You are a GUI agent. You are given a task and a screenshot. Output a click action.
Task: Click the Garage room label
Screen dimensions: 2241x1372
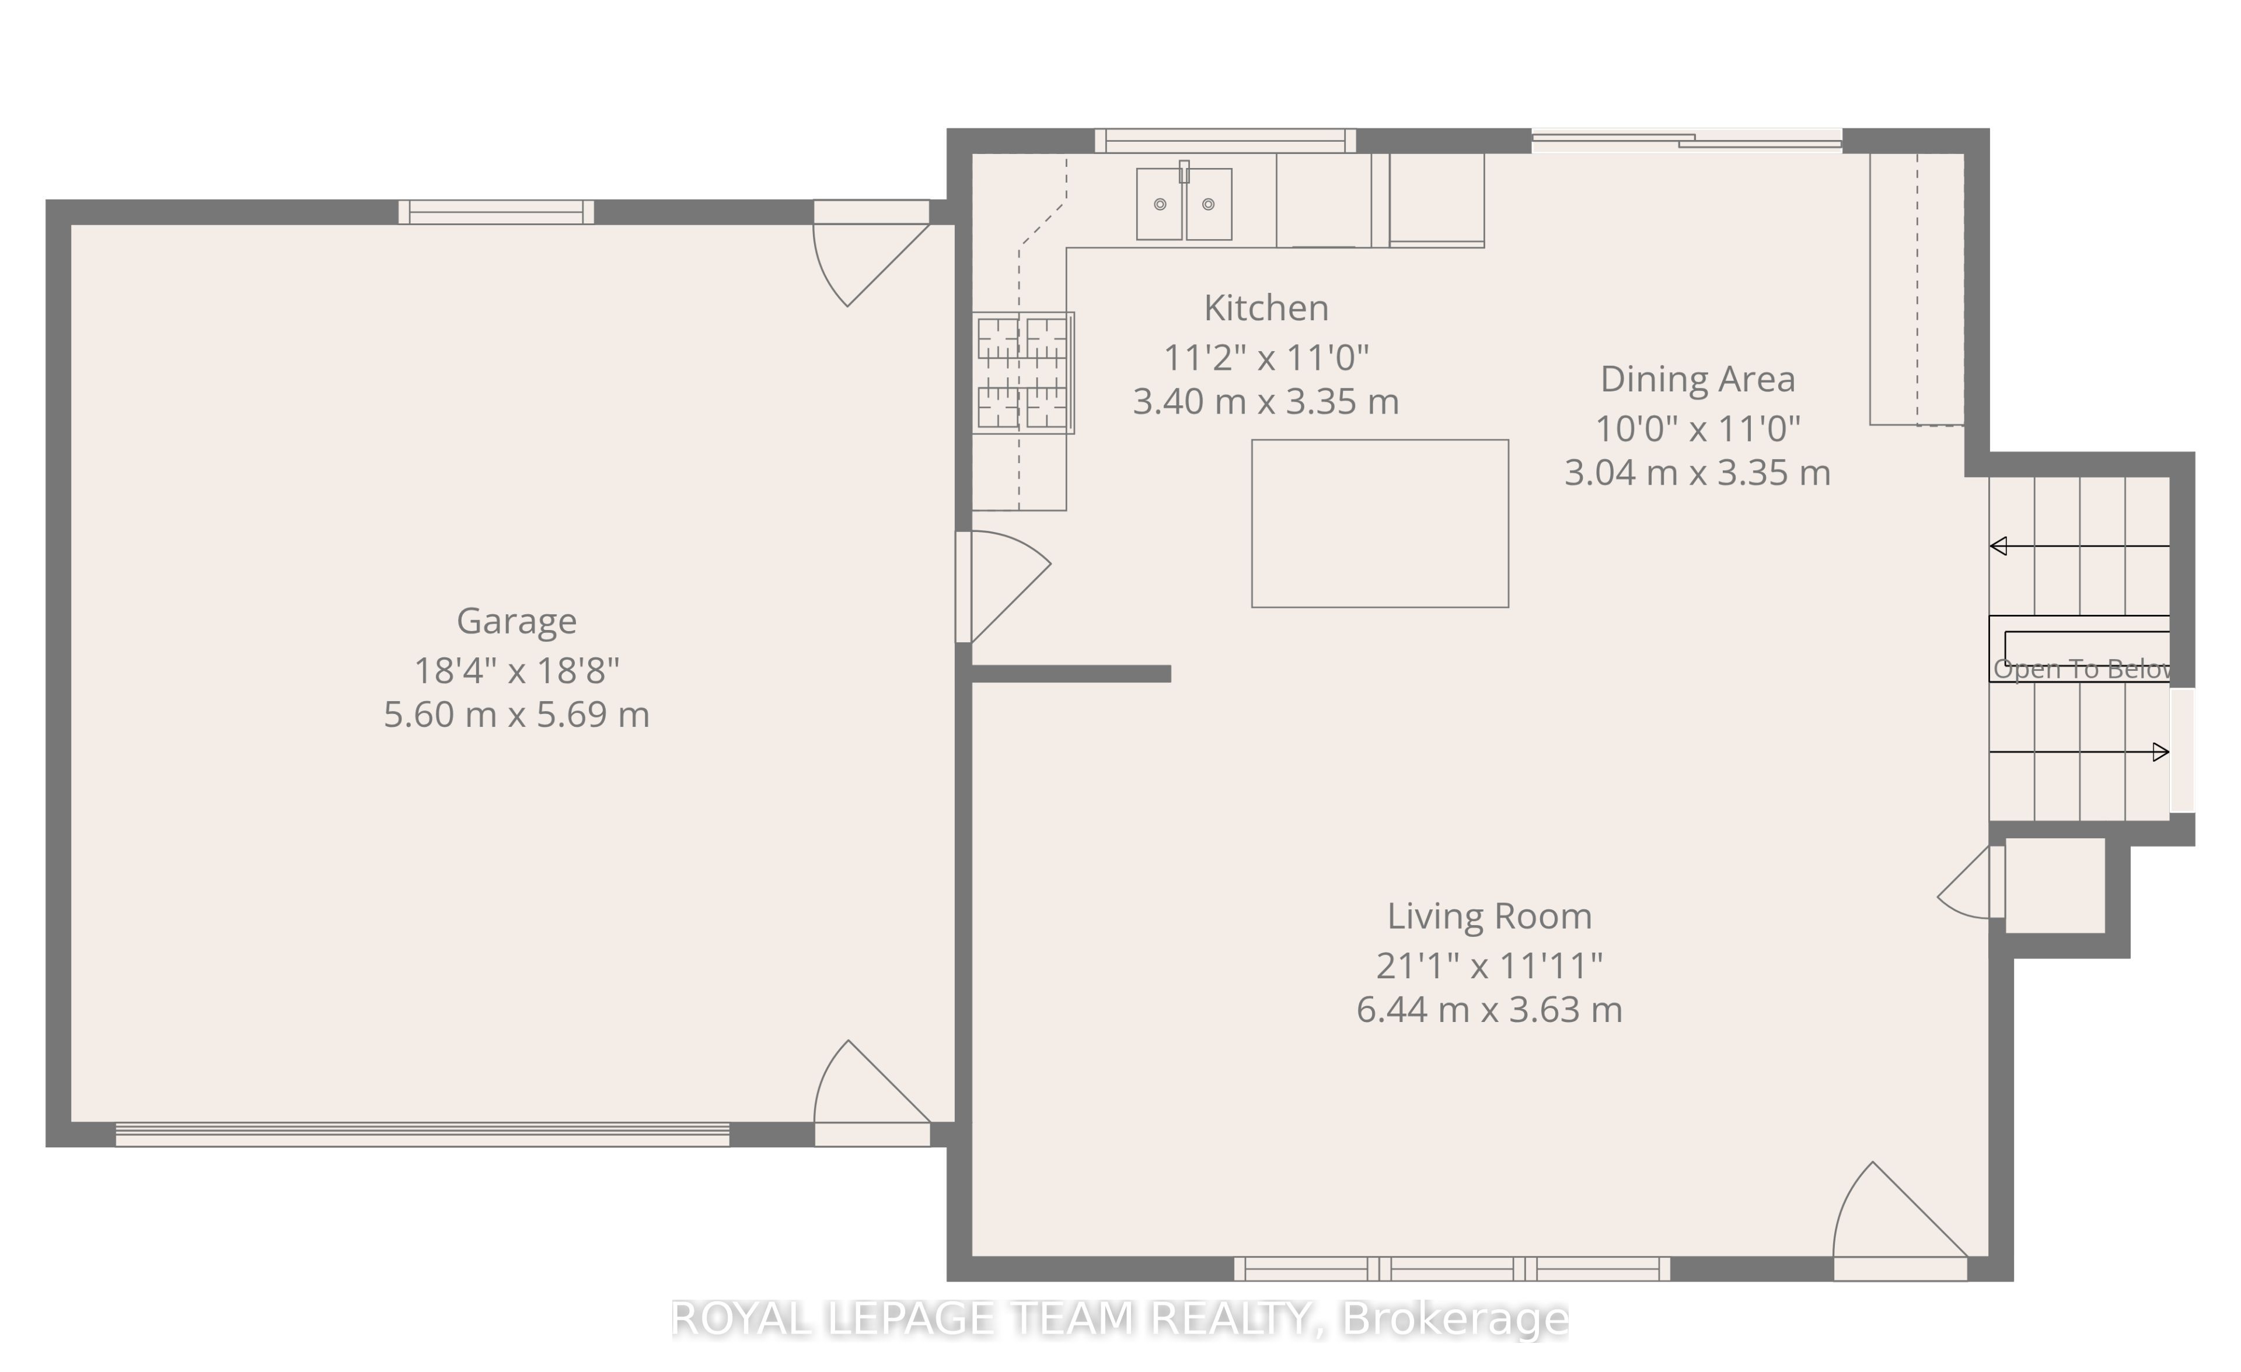(x=516, y=622)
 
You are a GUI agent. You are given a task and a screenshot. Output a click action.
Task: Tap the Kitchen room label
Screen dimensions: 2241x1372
(x=1266, y=308)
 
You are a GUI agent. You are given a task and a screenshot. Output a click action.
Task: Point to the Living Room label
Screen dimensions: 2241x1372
(x=1489, y=916)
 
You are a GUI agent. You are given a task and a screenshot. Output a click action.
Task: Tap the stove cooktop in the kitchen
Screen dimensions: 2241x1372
(x=1023, y=373)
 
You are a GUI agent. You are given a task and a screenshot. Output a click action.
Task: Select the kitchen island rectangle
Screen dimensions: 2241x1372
(x=1380, y=524)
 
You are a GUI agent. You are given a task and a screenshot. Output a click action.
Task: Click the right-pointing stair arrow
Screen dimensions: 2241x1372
(x=2080, y=752)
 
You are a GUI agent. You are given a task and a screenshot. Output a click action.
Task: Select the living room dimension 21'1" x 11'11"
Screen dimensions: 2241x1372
(x=1489, y=965)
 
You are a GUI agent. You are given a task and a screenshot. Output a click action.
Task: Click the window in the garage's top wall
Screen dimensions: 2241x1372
(x=495, y=212)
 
